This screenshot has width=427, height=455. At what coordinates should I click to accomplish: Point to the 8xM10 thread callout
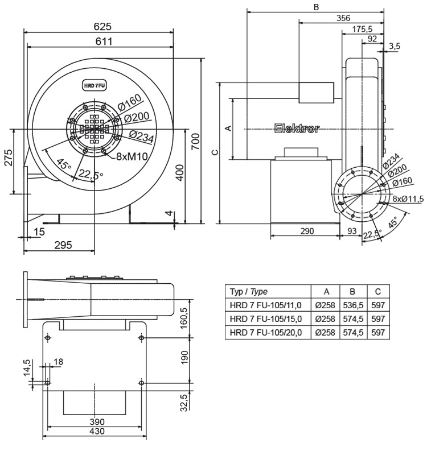(x=133, y=156)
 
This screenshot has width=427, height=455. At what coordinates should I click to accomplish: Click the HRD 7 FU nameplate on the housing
(x=95, y=85)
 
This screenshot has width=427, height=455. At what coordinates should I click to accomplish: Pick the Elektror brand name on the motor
(x=296, y=129)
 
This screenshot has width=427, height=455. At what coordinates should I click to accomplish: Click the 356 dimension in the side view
(x=343, y=18)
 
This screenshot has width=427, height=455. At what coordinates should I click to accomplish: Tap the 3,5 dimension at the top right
(x=395, y=45)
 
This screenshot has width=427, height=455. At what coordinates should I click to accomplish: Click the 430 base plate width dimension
(x=96, y=432)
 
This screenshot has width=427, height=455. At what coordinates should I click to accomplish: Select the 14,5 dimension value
(x=27, y=367)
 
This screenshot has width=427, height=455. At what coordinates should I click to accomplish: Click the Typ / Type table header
(x=249, y=292)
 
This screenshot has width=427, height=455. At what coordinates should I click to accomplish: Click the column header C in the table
(x=377, y=292)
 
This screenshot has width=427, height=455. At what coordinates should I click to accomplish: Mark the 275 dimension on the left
(x=7, y=161)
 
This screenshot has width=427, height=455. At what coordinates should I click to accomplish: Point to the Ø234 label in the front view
(x=140, y=136)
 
